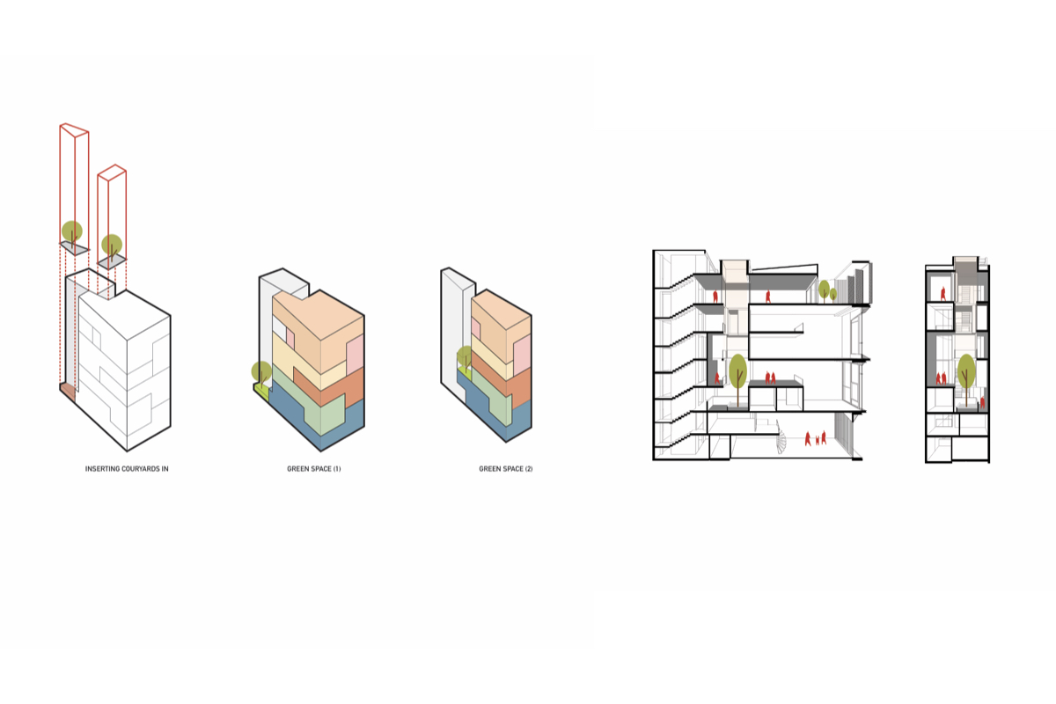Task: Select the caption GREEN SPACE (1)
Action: point(314,469)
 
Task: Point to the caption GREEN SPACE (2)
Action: point(506,469)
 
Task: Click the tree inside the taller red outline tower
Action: point(72,234)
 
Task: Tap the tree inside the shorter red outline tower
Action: point(112,246)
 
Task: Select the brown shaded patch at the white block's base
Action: point(68,392)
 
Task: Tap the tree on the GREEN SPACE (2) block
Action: point(465,358)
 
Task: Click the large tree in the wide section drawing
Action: point(737,378)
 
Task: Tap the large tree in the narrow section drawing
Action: point(966,378)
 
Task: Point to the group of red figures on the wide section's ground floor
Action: point(816,438)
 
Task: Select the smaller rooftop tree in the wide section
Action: point(833,295)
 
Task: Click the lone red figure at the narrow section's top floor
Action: point(942,294)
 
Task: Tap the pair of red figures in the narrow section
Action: point(941,378)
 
